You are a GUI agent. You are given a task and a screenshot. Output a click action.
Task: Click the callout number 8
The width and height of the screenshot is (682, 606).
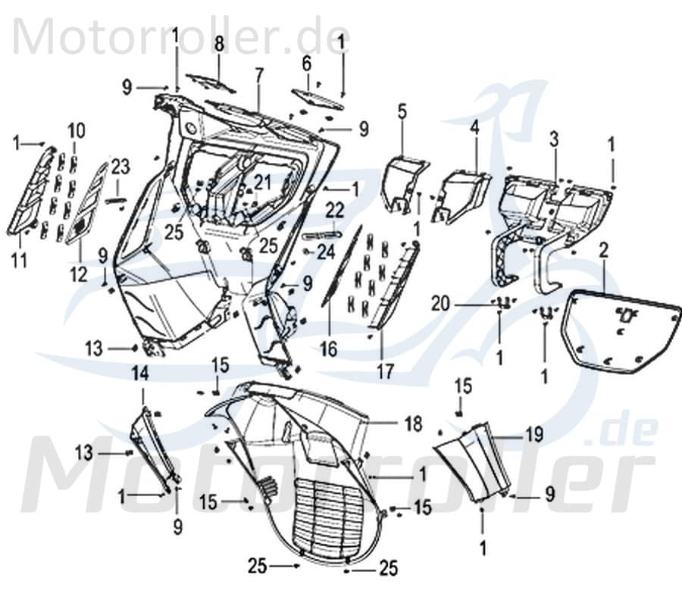pos(218,44)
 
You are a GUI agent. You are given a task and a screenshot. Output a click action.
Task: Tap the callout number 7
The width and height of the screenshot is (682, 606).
pos(259,75)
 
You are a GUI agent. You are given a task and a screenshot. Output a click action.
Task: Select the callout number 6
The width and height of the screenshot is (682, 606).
pos(307,62)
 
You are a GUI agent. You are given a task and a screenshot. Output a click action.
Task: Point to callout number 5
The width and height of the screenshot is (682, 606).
pos(402,111)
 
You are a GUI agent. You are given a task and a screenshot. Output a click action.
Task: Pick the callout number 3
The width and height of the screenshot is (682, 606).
pos(554,139)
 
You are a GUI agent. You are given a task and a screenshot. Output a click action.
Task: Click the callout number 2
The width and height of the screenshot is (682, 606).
pos(603,251)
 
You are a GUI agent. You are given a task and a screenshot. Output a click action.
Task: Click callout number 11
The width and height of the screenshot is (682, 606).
pos(19,261)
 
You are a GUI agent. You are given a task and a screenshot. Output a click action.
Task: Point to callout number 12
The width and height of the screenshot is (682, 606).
pos(80,273)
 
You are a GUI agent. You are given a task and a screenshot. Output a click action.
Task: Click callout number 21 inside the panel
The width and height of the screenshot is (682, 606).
pos(262,182)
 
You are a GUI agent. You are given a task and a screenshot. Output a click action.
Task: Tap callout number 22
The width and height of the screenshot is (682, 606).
pos(335,209)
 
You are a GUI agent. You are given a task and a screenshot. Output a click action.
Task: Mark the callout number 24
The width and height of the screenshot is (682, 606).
pos(326,253)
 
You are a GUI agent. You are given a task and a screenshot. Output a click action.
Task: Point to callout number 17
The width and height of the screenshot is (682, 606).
pos(384,370)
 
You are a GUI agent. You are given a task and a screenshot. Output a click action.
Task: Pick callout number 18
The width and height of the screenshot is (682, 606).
pos(413,424)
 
